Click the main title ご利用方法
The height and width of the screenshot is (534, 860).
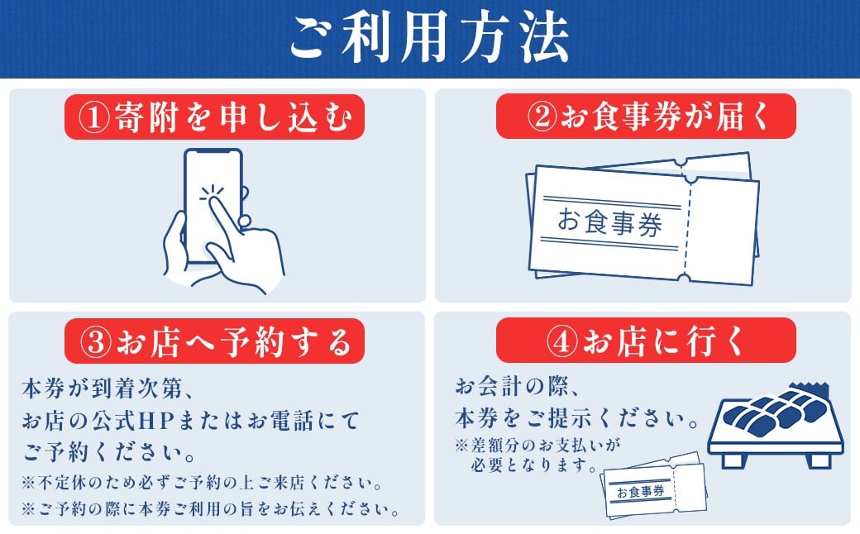point(429,37)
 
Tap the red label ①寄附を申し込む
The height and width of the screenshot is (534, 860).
point(214,117)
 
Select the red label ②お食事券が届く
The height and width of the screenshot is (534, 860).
point(646,117)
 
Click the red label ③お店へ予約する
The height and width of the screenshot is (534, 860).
point(214,341)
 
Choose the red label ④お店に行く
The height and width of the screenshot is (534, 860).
point(646,341)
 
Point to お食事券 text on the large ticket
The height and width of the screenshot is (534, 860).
point(609,222)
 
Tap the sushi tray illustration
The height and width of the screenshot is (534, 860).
point(776,426)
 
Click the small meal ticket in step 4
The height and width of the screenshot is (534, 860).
point(653,484)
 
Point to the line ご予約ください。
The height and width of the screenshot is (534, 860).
point(110,452)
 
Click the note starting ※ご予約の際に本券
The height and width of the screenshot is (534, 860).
point(212,509)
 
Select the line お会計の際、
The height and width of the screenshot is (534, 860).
point(517,387)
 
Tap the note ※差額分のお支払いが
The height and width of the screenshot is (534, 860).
point(537,445)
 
